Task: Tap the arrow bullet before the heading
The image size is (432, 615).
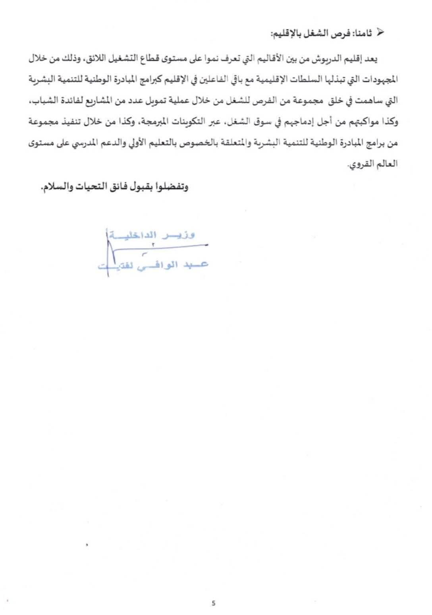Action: click(380, 33)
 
